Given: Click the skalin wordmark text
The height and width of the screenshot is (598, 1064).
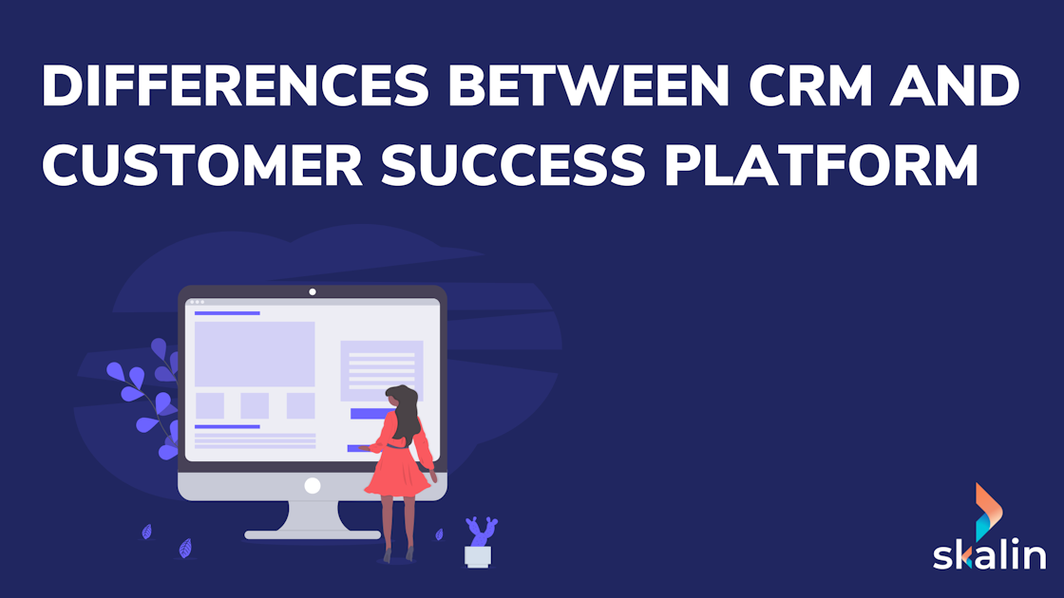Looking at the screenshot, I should (x=989, y=552).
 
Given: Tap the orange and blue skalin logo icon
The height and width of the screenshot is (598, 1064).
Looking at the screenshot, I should (x=988, y=508).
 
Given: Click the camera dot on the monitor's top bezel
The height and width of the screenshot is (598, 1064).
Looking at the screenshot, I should (x=313, y=291).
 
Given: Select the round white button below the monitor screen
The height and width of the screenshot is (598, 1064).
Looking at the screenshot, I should (x=312, y=485).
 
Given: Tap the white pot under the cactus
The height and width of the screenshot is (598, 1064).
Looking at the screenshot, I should (x=478, y=555).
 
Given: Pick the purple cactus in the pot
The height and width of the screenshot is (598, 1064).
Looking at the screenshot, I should (x=481, y=531).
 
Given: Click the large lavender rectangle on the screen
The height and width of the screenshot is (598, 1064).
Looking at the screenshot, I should (x=255, y=354).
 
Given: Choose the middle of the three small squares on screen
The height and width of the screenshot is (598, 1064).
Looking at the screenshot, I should (x=255, y=406).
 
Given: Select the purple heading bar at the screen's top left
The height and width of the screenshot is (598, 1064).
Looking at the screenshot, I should (x=227, y=312).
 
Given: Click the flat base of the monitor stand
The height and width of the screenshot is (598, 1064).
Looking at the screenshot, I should (x=312, y=534).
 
